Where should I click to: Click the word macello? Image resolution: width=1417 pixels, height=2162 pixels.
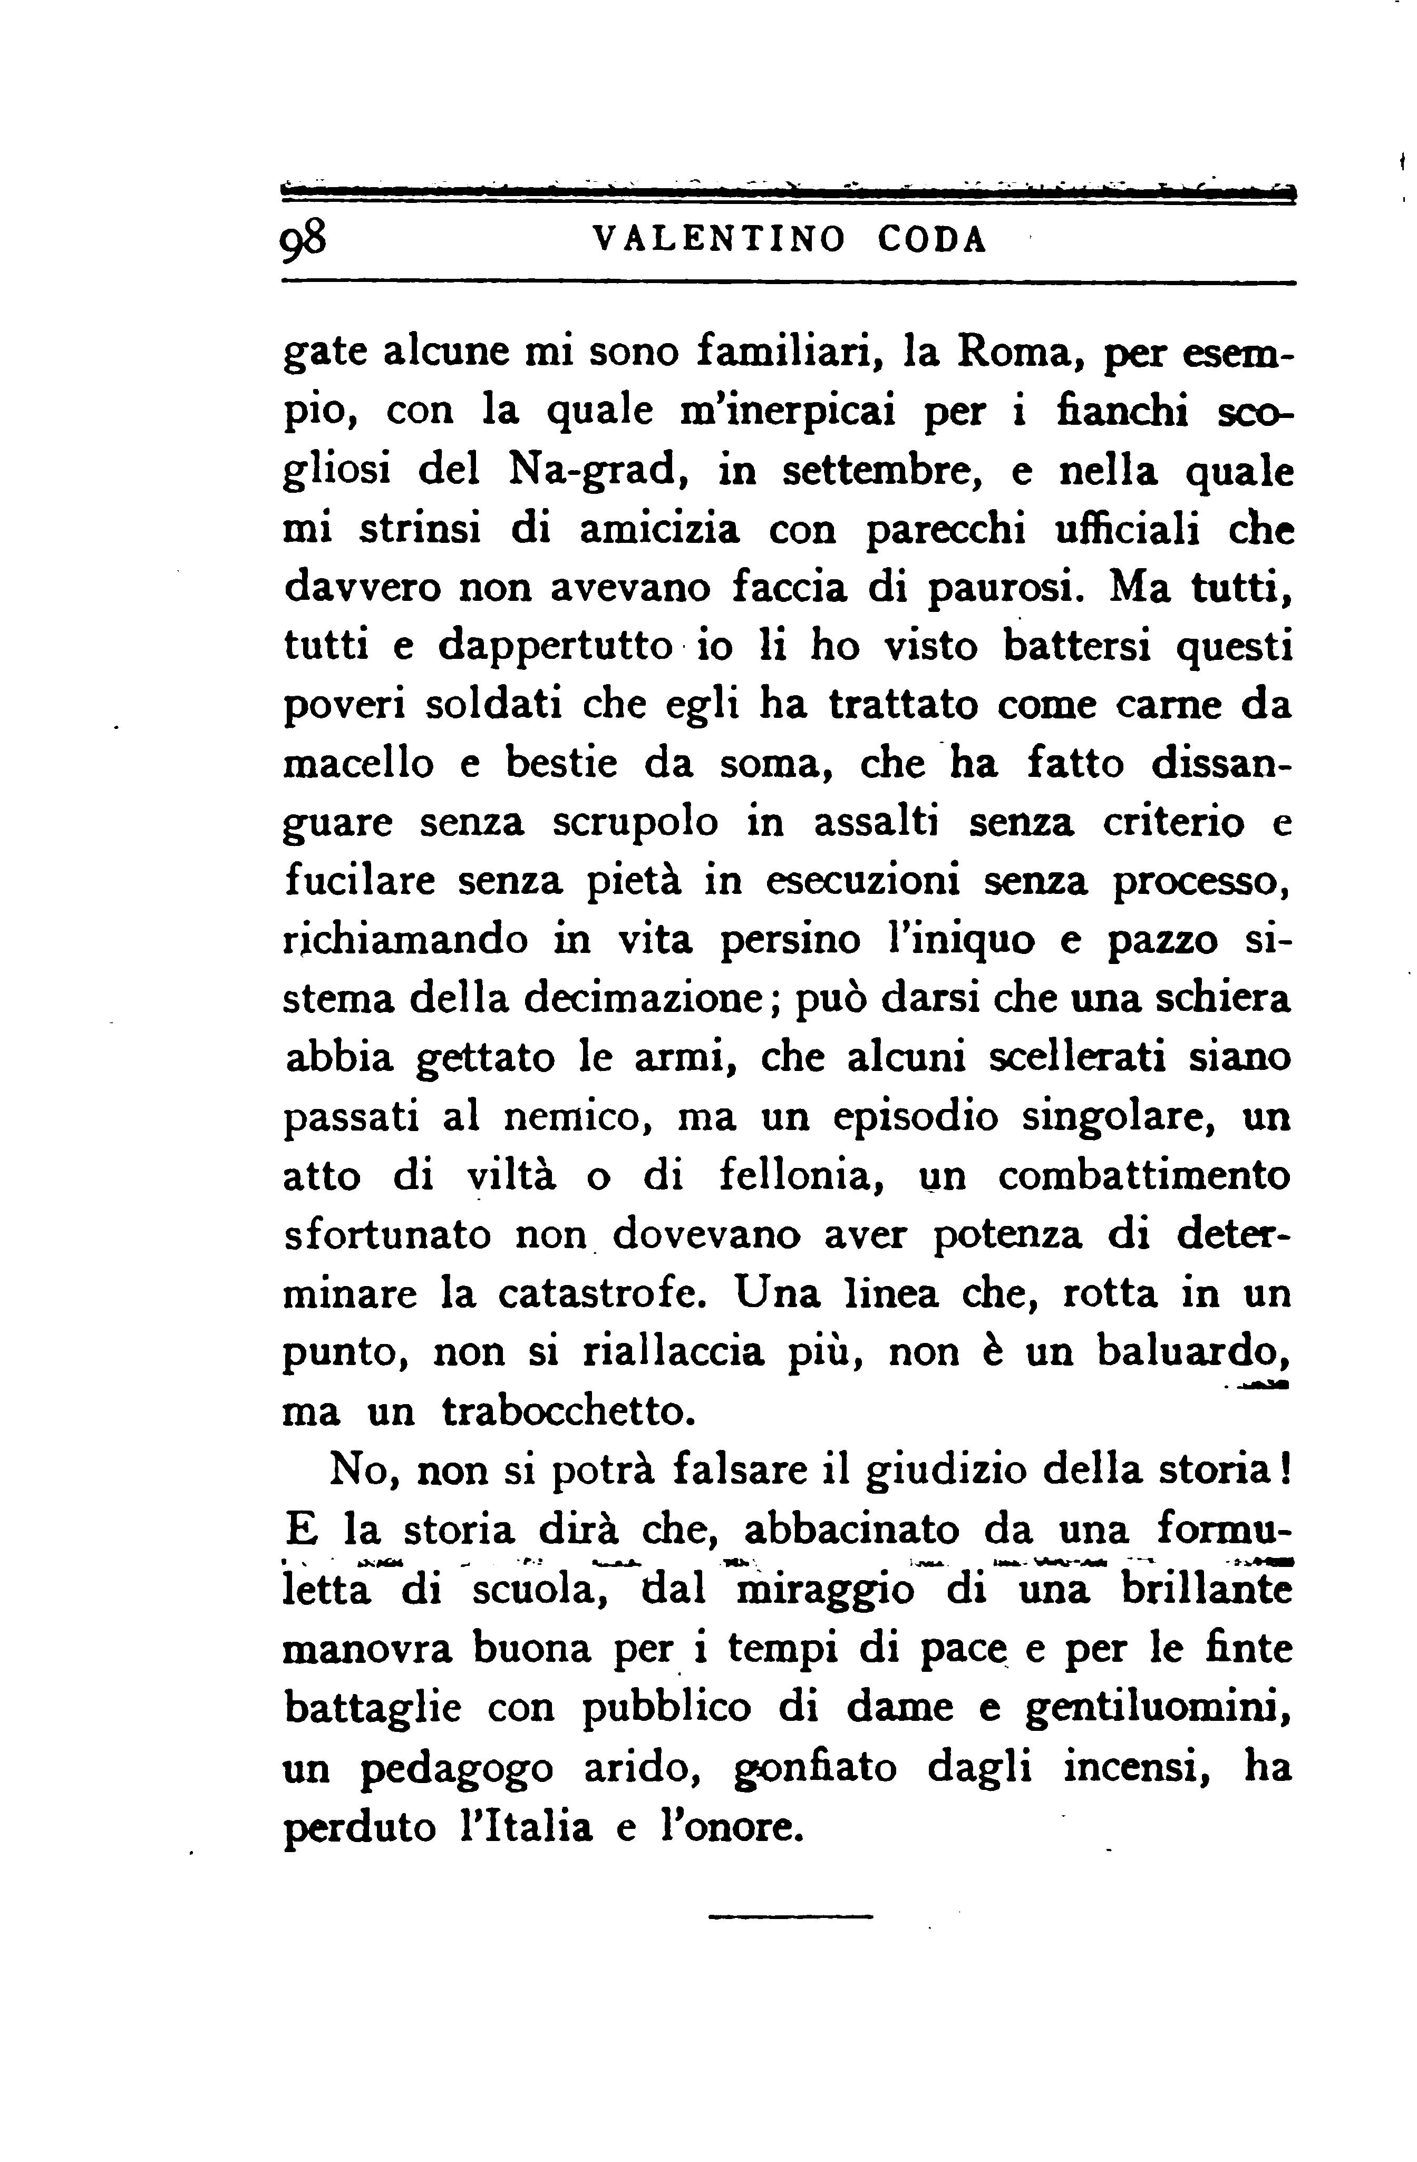(360, 763)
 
